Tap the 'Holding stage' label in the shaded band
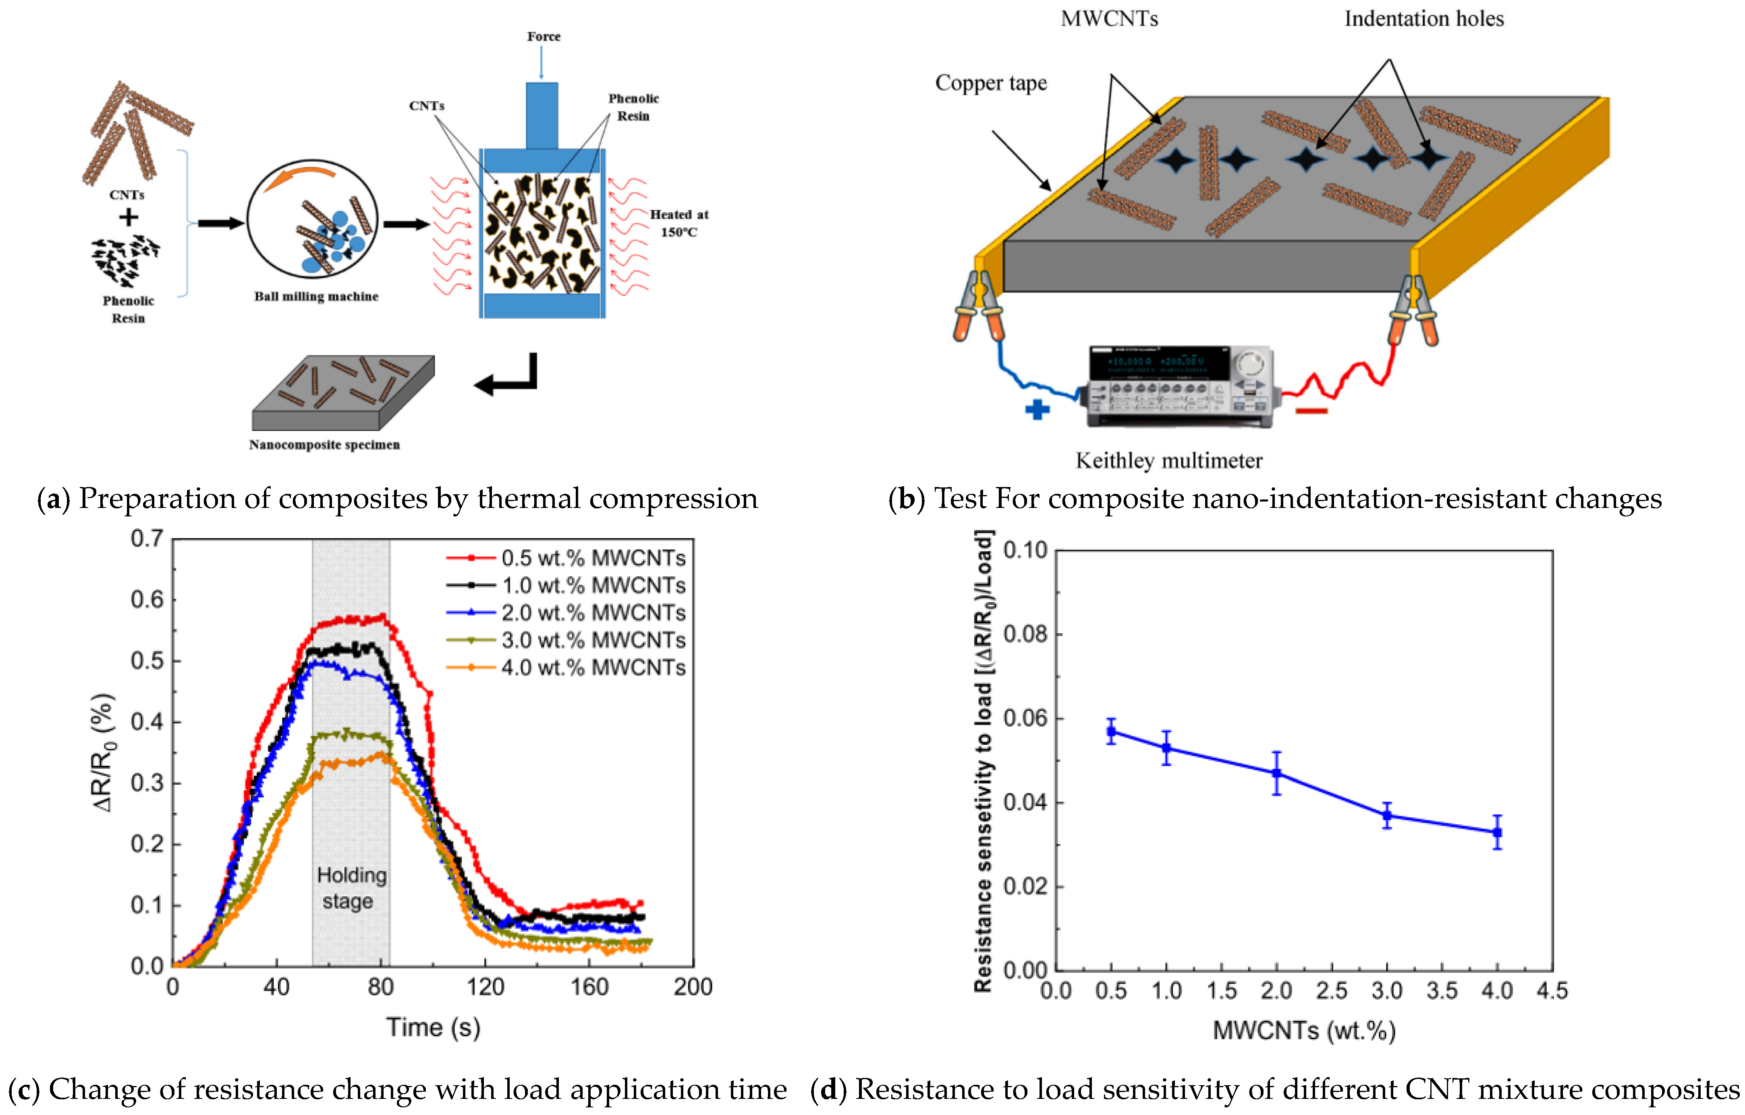point(351,887)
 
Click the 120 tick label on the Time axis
point(485,987)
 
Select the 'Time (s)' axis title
point(433,1027)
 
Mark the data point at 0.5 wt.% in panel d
point(1111,732)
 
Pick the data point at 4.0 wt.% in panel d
point(1497,833)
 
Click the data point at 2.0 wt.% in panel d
point(1277,773)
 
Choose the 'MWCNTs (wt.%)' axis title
point(1304,1030)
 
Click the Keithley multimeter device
point(1180,387)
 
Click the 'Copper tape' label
point(991,83)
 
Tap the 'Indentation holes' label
point(1424,19)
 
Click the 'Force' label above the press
point(544,36)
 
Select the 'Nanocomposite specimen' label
point(324,445)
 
